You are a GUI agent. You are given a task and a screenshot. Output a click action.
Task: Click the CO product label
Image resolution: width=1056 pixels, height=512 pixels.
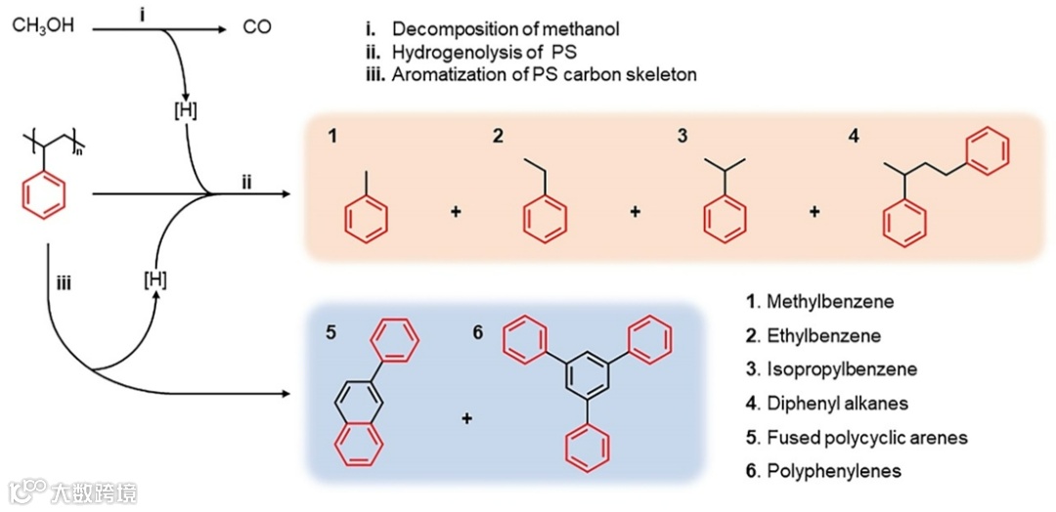point(257,26)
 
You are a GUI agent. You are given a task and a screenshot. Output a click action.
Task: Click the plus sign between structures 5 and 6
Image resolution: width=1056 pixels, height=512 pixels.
point(466,418)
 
